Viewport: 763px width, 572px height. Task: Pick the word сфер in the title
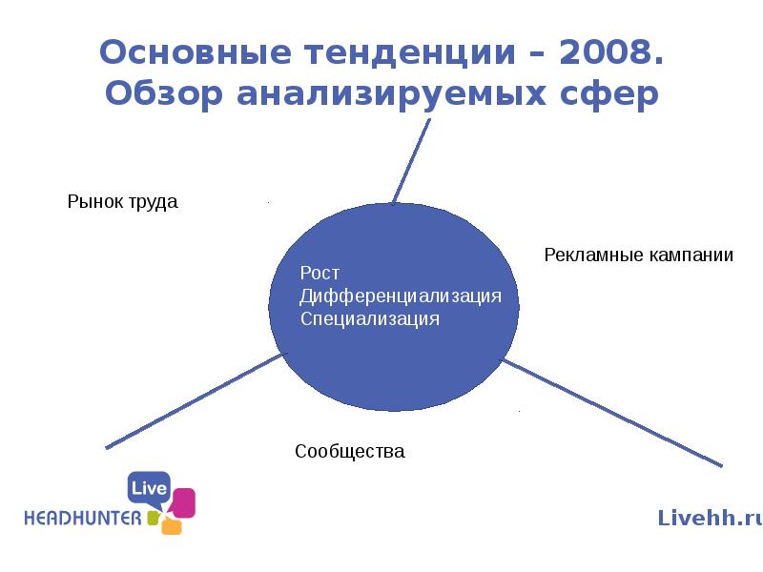click(x=611, y=94)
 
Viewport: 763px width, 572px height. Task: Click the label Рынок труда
click(x=122, y=202)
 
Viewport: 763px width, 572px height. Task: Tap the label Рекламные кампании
click(x=638, y=255)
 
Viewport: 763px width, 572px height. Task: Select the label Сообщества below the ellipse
click(x=350, y=451)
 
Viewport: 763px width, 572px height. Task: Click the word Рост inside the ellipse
click(x=320, y=274)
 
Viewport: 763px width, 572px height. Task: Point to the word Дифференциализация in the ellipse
click(x=401, y=296)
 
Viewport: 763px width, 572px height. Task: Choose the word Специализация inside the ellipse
click(x=370, y=318)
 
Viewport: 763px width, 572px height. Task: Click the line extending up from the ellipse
click(x=411, y=162)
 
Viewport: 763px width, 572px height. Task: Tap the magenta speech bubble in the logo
click(x=182, y=502)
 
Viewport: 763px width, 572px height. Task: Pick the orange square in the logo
click(x=172, y=525)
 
